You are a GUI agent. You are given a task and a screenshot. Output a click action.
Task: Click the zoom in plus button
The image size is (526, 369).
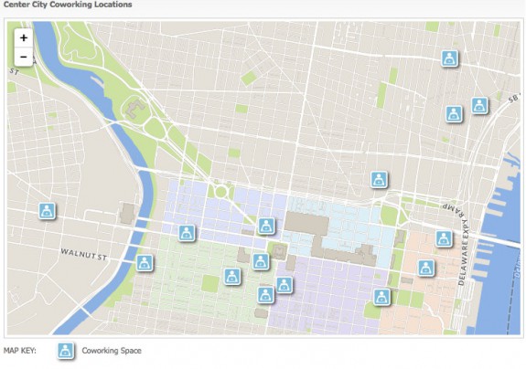point(23,38)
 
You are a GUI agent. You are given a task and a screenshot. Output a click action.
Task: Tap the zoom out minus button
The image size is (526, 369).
point(23,57)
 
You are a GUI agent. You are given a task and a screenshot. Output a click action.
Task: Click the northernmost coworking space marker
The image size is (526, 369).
point(449,58)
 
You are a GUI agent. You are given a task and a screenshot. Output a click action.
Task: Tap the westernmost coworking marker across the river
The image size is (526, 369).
point(46,211)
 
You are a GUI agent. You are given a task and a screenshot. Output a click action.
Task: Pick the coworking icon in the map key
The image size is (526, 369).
point(66,351)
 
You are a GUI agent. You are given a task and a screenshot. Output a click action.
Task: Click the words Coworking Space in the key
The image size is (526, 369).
point(112,351)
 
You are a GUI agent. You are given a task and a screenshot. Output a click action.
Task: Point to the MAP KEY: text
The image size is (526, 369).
point(20,351)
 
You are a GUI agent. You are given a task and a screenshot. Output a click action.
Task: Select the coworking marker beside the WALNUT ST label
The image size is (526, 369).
point(144,263)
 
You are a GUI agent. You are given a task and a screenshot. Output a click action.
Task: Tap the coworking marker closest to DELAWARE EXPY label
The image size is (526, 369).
point(444,238)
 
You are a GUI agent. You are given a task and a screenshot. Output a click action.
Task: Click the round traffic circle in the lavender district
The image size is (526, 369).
point(220,192)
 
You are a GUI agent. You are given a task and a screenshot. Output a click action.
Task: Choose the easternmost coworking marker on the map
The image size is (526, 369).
point(479,105)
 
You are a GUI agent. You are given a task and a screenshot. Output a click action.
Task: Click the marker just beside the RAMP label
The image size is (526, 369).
point(444,238)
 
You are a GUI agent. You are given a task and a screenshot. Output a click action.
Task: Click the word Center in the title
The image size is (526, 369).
point(17,5)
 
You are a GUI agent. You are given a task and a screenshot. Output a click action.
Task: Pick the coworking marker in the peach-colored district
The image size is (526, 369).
point(426,268)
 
